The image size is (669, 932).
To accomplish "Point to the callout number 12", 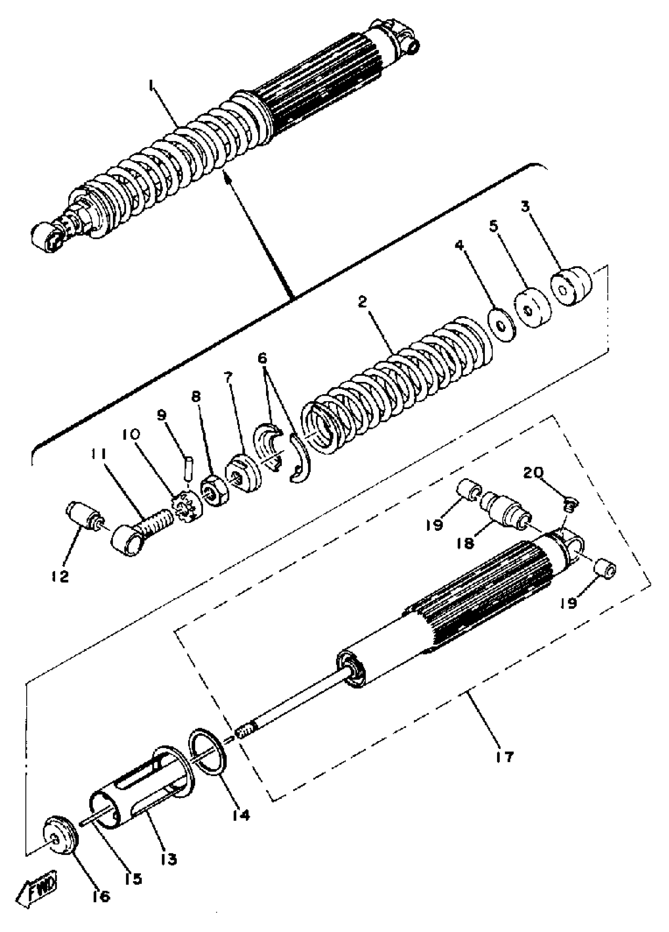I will click(60, 576).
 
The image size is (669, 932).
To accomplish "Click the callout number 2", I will click(362, 302).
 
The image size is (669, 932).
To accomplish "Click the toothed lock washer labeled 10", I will click(186, 508).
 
